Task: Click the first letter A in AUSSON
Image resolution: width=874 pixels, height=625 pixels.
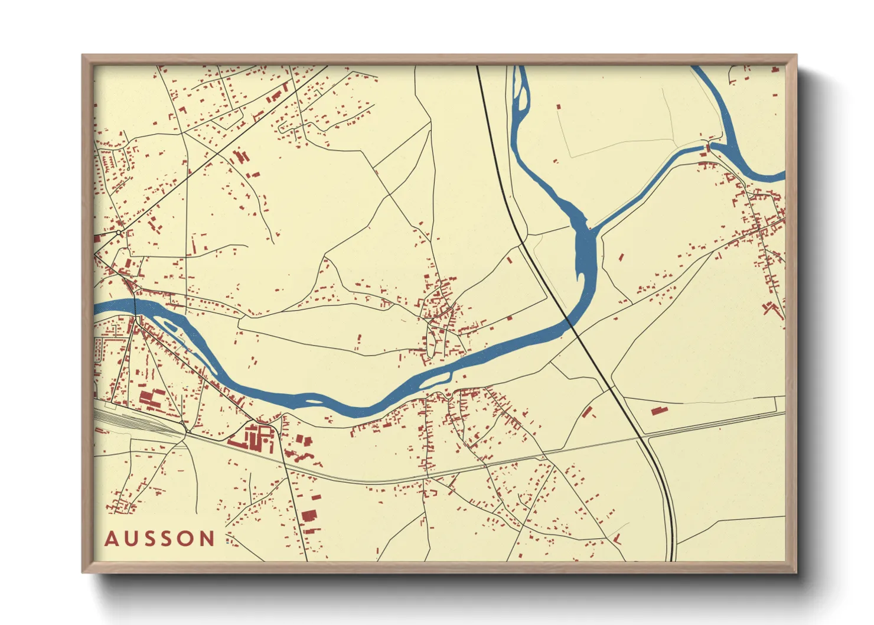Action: tap(112, 539)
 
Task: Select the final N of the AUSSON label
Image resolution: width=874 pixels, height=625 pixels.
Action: tap(207, 539)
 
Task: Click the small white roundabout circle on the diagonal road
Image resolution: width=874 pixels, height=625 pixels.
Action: tap(119, 233)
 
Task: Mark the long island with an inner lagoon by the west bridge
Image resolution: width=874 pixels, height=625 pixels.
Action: tap(171, 325)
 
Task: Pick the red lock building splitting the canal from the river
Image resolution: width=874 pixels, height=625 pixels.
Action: tap(708, 145)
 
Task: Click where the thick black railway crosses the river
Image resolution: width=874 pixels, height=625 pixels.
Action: tap(570, 323)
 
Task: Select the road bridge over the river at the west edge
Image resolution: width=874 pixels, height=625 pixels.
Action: tap(135, 307)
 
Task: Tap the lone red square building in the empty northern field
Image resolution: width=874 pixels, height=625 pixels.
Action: tap(559, 107)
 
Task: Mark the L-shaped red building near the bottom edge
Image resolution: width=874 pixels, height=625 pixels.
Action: tap(617, 539)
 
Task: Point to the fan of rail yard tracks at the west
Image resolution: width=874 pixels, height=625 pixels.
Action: tap(136, 422)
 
